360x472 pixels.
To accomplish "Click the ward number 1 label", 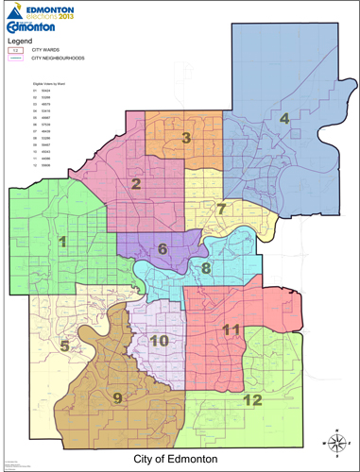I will pos(63,243).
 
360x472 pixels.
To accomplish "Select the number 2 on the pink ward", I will pos(136,184).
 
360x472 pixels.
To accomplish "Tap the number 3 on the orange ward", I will pos(187,138).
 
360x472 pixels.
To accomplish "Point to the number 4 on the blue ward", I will pos(283,118).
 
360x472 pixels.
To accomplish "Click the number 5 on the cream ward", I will pos(64,346).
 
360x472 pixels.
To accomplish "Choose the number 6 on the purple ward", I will pos(163,249).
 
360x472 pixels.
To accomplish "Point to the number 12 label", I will pos(252,399).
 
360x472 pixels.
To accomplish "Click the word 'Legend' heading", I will pos(22,42).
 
